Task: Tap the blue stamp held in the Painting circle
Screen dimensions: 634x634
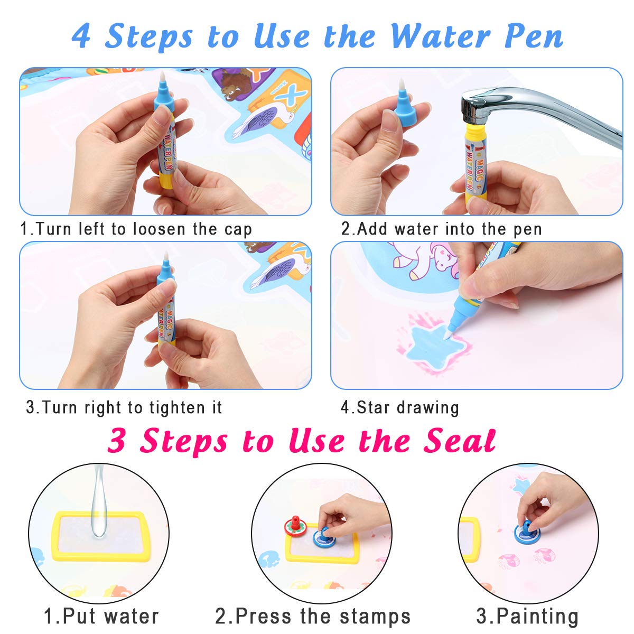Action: click(527, 533)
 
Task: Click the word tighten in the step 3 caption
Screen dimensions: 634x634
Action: click(178, 408)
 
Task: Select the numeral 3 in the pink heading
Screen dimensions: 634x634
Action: click(116, 440)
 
